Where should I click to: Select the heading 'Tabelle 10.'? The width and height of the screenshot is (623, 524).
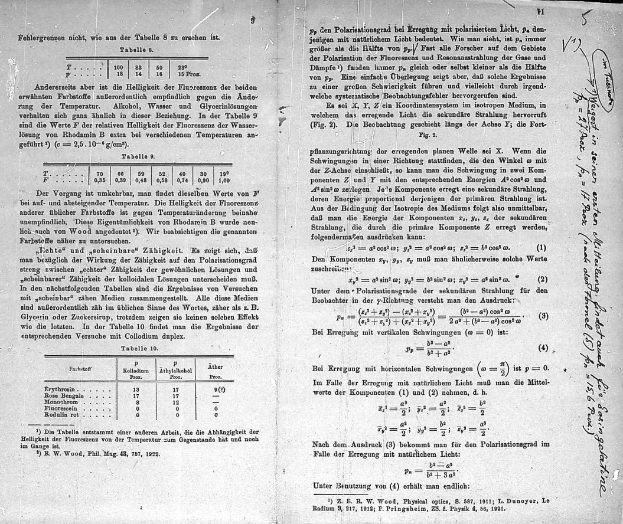point(137,349)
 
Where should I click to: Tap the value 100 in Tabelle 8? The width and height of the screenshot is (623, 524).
point(118,68)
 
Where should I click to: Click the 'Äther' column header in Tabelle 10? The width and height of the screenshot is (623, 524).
point(216,366)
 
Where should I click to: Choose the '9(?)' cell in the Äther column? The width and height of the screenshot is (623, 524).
point(218,390)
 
